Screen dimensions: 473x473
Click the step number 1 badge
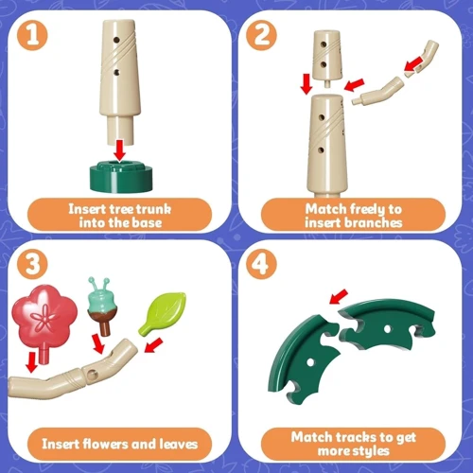pyautogui.click(x=32, y=35)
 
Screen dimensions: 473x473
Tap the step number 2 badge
pyautogui.click(x=261, y=35)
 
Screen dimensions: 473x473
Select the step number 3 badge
pyautogui.click(x=32, y=264)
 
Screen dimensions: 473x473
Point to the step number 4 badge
pyautogui.click(x=261, y=264)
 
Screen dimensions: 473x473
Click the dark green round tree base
pyautogui.click(x=121, y=177)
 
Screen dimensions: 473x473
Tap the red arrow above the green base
pyautogui.click(x=119, y=150)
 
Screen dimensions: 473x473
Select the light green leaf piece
pyautogui.click(x=163, y=312)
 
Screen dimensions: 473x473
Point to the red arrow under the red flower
pyautogui.click(x=32, y=362)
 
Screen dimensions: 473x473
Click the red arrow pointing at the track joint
pyautogui.click(x=339, y=296)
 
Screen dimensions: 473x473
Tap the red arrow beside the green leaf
pyautogui.click(x=153, y=345)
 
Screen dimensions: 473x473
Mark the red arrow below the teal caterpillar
pyautogui.click(x=98, y=344)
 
